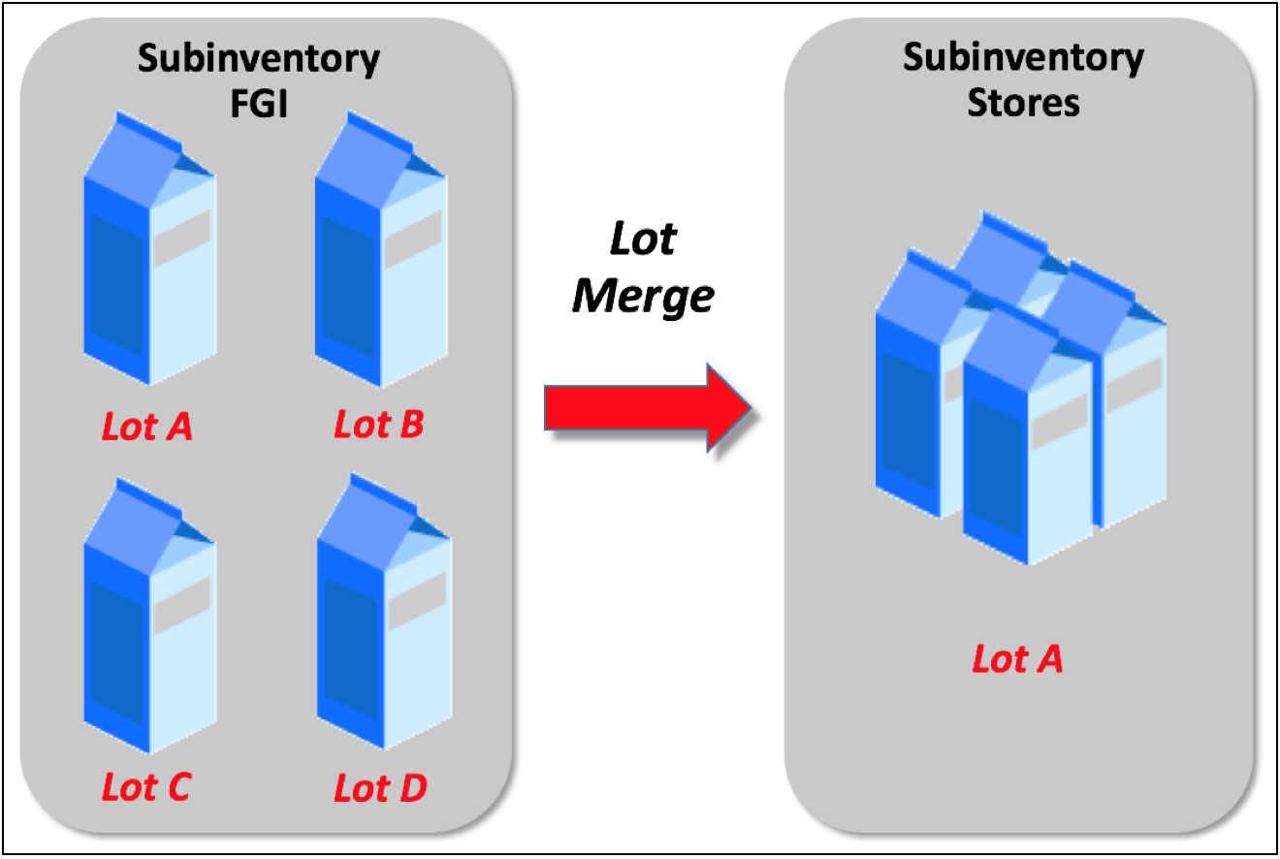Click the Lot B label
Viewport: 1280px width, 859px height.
(x=379, y=425)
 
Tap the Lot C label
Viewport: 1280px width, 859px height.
(x=146, y=786)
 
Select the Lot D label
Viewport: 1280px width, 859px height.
(x=380, y=788)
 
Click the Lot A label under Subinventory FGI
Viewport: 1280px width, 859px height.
(x=147, y=427)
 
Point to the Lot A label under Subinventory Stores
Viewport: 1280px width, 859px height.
(x=1017, y=659)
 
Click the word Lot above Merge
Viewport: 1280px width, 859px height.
(x=642, y=239)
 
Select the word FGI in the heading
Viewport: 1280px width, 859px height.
(x=258, y=102)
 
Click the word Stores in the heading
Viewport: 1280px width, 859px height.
(x=1023, y=102)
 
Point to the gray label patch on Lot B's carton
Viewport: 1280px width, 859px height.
(x=413, y=239)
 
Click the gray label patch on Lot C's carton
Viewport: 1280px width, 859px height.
(x=181, y=605)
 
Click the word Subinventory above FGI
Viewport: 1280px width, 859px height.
(x=258, y=59)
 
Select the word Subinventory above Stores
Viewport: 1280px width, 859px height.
(x=1023, y=58)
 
